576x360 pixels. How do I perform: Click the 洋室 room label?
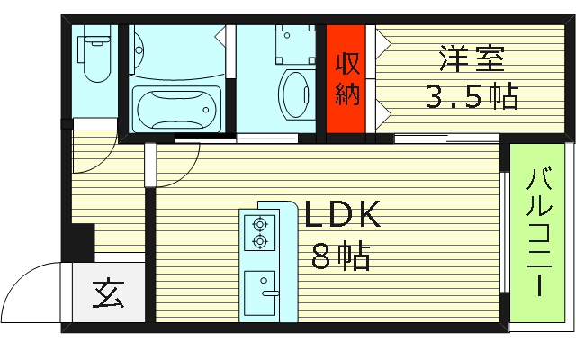click(x=472, y=58)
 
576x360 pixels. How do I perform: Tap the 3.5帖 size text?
click(x=472, y=96)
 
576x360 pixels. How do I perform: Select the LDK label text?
click(x=342, y=215)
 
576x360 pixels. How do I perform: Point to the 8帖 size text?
click(x=340, y=256)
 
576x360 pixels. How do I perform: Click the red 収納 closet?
click(x=346, y=79)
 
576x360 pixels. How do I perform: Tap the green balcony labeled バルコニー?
click(x=537, y=233)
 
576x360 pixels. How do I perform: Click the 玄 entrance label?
click(x=108, y=294)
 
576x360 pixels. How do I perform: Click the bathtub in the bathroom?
click(x=176, y=109)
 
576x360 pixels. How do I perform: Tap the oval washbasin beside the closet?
click(x=294, y=94)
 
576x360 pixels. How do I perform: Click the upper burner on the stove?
click(x=260, y=223)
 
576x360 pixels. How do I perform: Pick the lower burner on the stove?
click(x=260, y=241)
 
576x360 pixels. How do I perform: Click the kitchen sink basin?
click(x=260, y=293)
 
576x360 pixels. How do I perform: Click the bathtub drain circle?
click(x=206, y=110)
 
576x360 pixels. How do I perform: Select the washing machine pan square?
click(x=295, y=44)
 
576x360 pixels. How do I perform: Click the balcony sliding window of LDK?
click(x=505, y=232)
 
